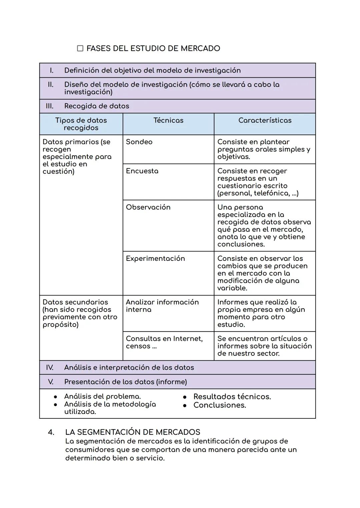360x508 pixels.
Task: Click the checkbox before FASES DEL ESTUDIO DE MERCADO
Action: click(x=80, y=49)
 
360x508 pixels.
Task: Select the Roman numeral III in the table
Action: click(x=49, y=106)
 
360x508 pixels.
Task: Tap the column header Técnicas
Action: click(x=168, y=120)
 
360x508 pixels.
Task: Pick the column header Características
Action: click(x=265, y=120)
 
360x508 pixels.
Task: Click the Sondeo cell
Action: click(x=139, y=142)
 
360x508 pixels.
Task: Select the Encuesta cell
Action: click(x=142, y=171)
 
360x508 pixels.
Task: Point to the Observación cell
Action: click(x=148, y=207)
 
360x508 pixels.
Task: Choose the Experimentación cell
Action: click(x=155, y=258)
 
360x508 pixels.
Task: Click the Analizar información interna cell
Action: click(x=162, y=306)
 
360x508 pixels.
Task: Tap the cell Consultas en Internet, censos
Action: click(x=164, y=342)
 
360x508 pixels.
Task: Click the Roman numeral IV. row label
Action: click(x=50, y=367)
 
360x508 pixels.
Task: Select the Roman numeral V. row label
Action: click(x=51, y=382)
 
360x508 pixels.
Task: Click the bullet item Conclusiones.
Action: click(x=219, y=405)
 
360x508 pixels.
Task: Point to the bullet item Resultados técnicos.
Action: click(x=232, y=397)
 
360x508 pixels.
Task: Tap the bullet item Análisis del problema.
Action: click(x=102, y=396)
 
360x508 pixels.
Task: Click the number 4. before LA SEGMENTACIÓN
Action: click(x=51, y=432)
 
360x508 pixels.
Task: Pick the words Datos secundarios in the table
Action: click(x=75, y=302)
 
